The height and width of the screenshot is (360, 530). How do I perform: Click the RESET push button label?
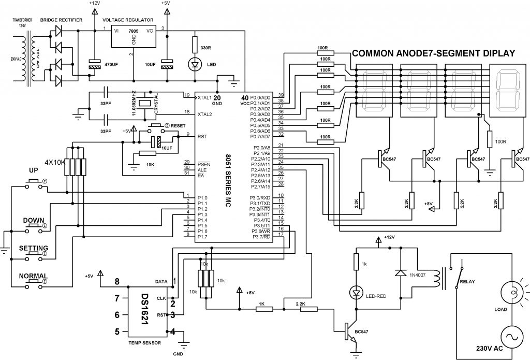[178, 126]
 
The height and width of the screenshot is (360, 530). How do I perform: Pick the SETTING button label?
[34, 248]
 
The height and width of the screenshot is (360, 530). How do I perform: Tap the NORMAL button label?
[33, 276]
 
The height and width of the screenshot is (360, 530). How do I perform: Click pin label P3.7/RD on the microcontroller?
[261, 237]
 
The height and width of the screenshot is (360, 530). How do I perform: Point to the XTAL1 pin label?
[204, 97]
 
